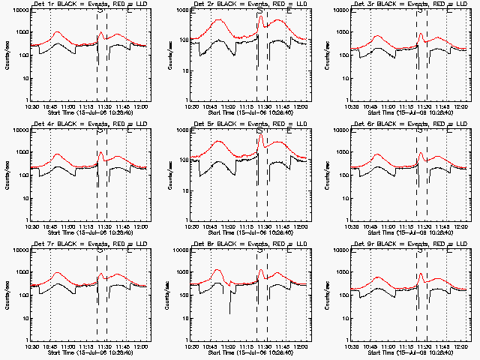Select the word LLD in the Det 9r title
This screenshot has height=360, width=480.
[461, 244]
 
